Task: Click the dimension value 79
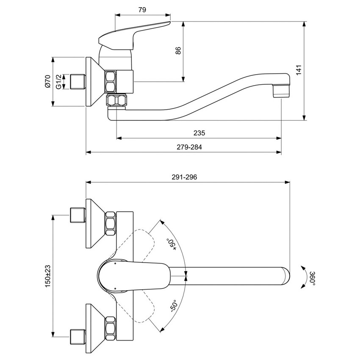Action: (142, 9)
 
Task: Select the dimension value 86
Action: (178, 50)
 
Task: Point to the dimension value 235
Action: (199, 133)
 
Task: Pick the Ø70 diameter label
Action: (47, 81)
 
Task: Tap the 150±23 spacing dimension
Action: (47, 275)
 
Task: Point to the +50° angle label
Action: (172, 244)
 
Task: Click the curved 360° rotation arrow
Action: (303, 277)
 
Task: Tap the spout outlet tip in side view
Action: (281, 91)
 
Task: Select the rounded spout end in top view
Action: (285, 275)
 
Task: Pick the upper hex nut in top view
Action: (110, 222)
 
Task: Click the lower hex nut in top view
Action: (110, 328)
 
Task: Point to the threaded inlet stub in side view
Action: (78, 81)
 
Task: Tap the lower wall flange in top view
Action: (93, 328)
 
